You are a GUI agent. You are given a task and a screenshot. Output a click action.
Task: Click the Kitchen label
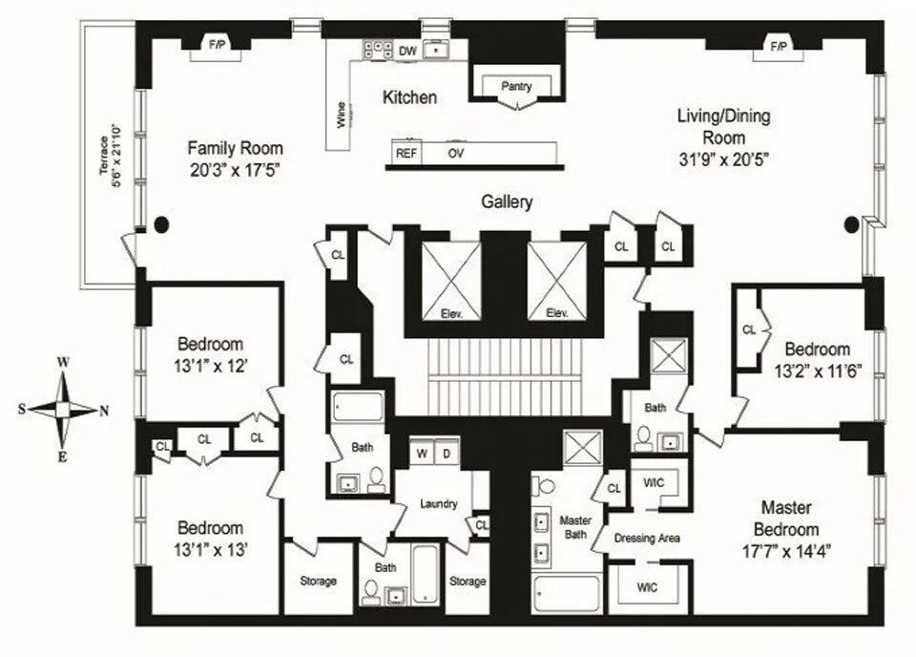click(409, 97)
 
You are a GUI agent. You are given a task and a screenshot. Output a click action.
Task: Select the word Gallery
click(506, 201)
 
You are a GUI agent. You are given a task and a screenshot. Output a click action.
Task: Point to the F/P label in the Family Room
click(217, 44)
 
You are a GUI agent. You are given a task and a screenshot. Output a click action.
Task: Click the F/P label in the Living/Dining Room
click(778, 45)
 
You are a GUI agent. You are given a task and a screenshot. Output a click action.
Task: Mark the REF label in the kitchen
click(406, 153)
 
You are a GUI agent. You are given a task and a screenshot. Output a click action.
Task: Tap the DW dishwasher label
click(407, 51)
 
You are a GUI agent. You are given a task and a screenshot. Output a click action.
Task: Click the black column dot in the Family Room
click(161, 224)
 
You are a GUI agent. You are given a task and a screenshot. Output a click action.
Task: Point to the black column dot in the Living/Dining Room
click(852, 224)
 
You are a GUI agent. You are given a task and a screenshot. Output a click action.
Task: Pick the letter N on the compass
click(104, 411)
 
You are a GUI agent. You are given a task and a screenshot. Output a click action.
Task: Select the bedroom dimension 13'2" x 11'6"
click(818, 372)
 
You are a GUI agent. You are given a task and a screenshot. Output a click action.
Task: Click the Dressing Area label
click(646, 539)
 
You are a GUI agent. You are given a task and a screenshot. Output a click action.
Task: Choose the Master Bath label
click(575, 527)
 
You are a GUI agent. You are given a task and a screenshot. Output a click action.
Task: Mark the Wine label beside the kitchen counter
click(341, 116)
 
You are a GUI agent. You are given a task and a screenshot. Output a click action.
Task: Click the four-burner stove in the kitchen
click(377, 49)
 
